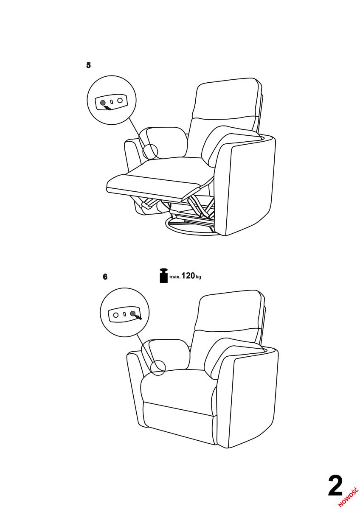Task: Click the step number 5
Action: (88, 65)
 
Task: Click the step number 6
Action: (105, 277)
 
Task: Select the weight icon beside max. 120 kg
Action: (163, 276)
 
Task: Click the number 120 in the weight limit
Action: (188, 276)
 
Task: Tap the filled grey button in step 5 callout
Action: (103, 103)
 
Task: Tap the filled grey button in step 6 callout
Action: (132, 314)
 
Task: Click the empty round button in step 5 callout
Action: (120, 100)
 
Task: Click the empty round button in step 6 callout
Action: (116, 315)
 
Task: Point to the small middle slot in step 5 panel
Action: (112, 101)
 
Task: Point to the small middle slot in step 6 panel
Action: (124, 314)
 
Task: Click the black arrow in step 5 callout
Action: (107, 107)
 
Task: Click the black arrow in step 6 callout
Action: (138, 316)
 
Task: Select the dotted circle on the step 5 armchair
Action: (150, 151)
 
